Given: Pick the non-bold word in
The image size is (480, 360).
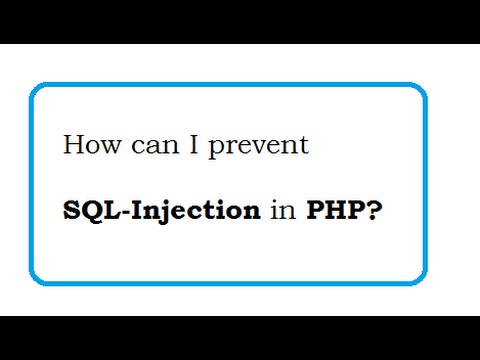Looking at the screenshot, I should [279, 211].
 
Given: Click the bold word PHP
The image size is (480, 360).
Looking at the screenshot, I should [329, 211].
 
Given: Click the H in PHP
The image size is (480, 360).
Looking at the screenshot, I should [329, 211].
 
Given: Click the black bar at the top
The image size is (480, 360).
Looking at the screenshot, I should [240, 21].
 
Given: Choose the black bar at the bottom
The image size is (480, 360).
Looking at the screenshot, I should [240, 338].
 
